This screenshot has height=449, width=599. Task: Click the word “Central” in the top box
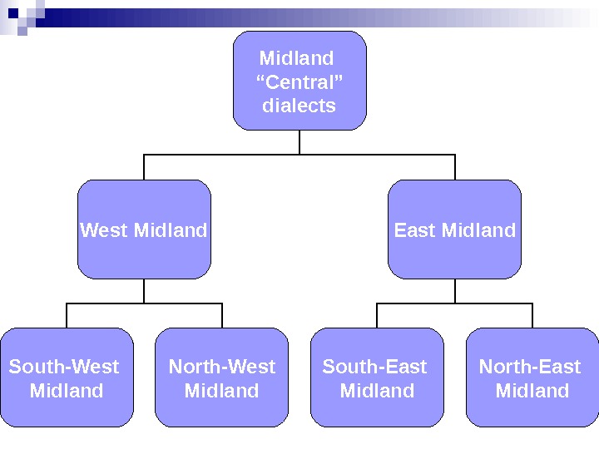click(x=299, y=82)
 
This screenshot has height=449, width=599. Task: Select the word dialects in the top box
click(x=299, y=106)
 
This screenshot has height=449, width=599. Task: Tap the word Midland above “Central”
click(x=297, y=58)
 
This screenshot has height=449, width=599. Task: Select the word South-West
click(x=64, y=367)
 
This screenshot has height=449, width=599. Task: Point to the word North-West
click(x=222, y=367)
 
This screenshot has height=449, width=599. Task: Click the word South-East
click(x=374, y=367)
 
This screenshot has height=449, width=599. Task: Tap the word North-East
click(x=530, y=367)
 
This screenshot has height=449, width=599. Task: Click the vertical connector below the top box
click(x=299, y=142)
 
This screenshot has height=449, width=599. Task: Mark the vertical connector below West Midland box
click(x=144, y=291)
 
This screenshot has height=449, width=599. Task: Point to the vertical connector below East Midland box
click(x=455, y=291)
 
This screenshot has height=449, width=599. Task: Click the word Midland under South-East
click(x=377, y=391)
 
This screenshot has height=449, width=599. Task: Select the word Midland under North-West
click(x=221, y=391)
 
